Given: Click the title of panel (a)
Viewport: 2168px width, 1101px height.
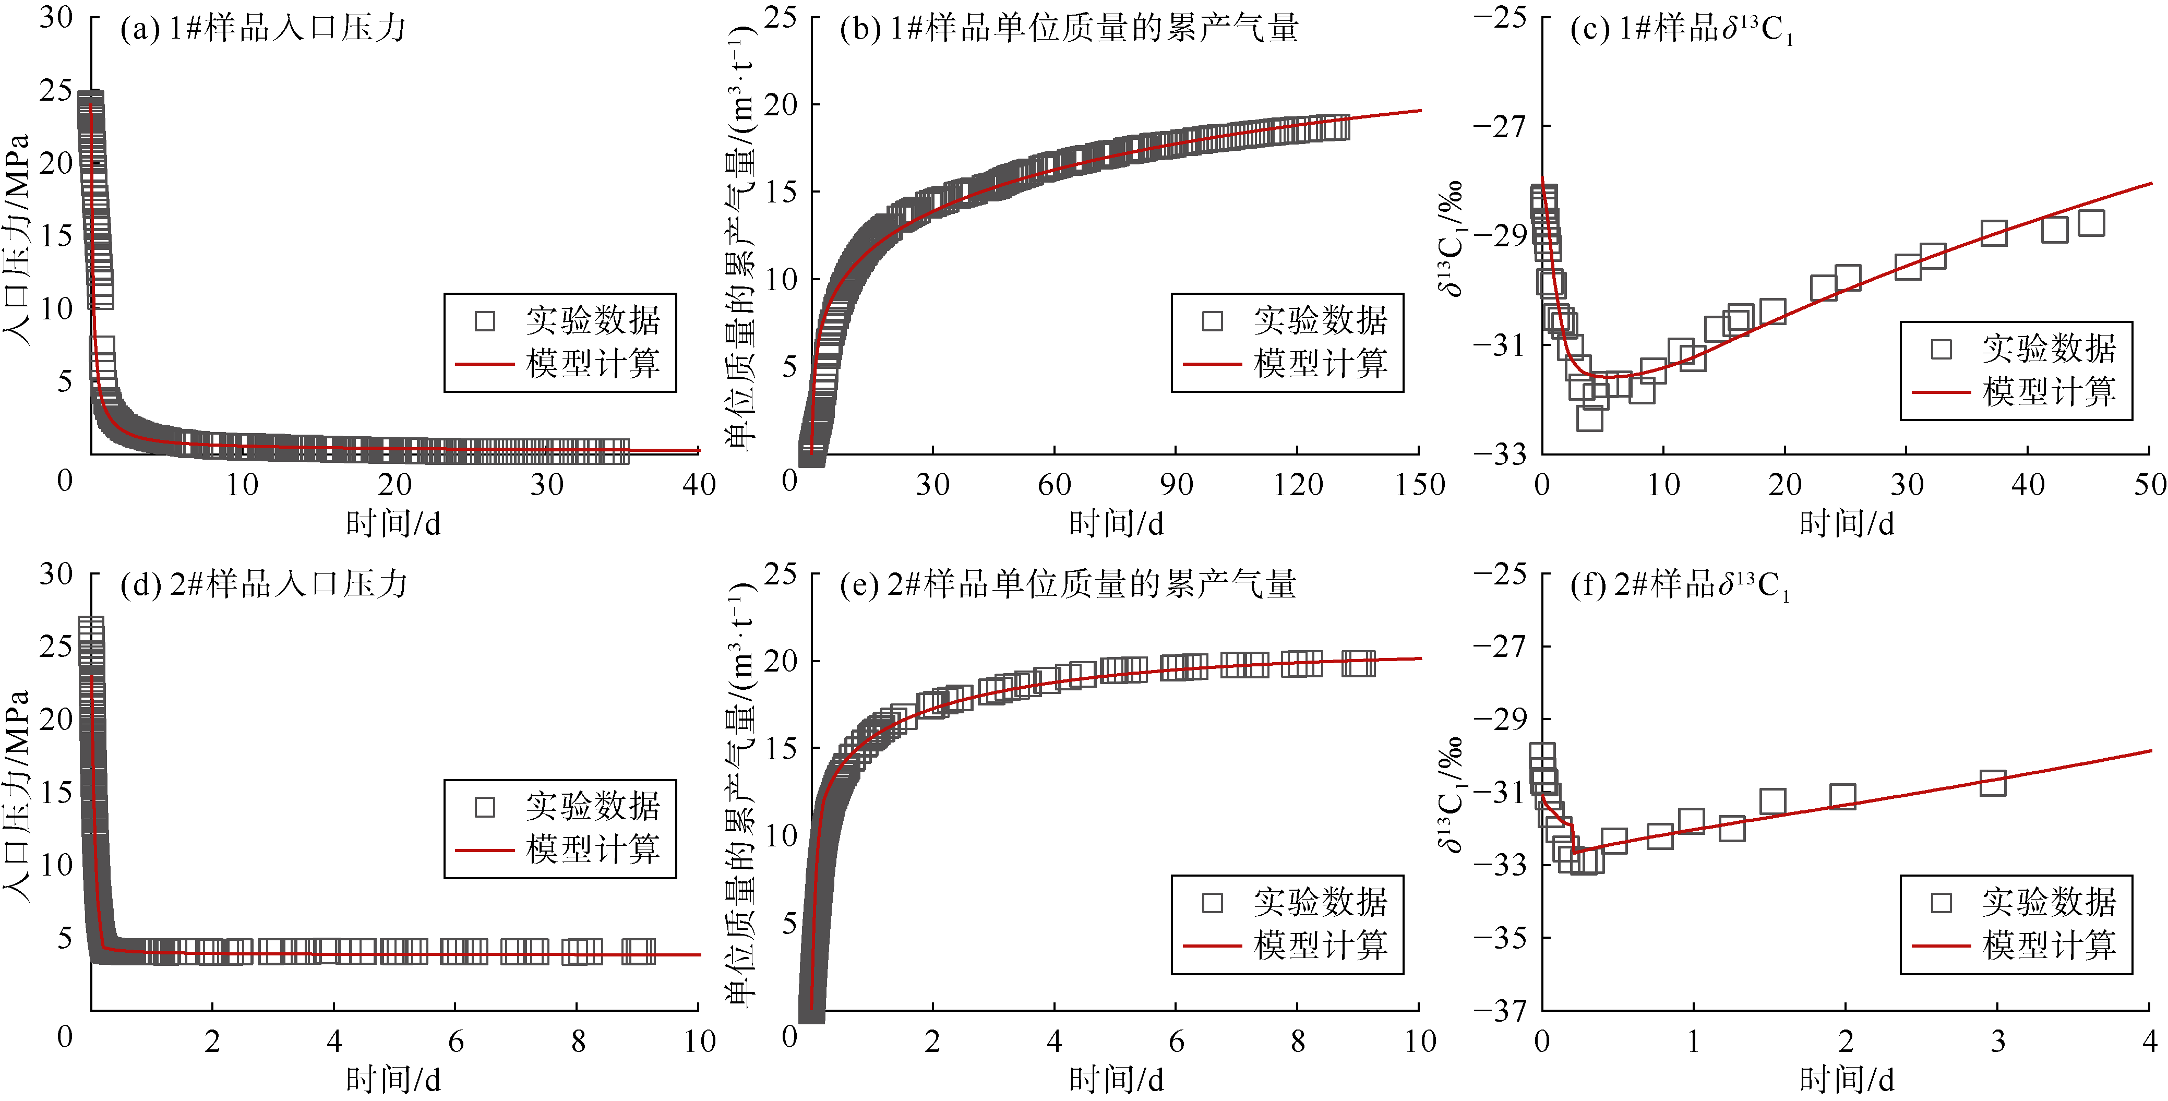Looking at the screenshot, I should tap(262, 29).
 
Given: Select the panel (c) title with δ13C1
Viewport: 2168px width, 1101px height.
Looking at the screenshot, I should tap(1681, 29).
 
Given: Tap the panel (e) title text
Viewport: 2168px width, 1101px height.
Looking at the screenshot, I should tap(1067, 584).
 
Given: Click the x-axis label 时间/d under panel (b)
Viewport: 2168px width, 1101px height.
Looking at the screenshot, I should tap(1116, 523).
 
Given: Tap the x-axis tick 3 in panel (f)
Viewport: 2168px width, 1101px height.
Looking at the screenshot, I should tap(1997, 1042).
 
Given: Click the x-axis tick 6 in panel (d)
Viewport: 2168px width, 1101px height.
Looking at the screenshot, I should tap(456, 1042).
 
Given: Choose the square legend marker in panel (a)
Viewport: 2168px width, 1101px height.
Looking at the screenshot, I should tap(485, 321).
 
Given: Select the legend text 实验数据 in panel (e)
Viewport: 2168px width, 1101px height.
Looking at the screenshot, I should tap(1320, 902).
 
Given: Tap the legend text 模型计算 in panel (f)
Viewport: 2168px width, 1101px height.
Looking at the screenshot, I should tap(2049, 946).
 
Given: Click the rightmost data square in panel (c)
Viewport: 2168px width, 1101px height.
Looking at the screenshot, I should tap(2091, 223).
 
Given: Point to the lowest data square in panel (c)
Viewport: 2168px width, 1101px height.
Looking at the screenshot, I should tap(1589, 417).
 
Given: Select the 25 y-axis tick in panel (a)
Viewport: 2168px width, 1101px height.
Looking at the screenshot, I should tap(55, 91).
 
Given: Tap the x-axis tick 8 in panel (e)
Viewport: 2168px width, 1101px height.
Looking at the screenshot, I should tap(1298, 1042).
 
